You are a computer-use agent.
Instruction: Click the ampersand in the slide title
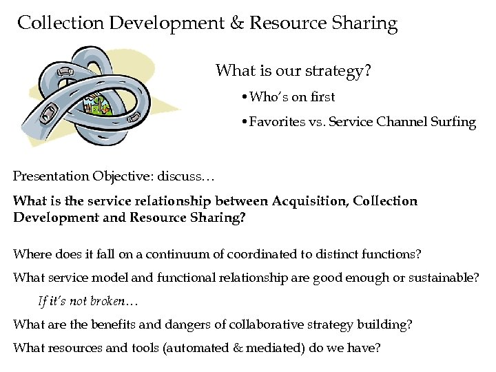pos(236,23)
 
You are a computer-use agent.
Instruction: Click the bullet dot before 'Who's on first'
pos(245,98)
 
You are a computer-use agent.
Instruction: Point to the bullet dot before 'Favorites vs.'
pos(245,123)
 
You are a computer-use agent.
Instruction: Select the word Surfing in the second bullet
pos(453,123)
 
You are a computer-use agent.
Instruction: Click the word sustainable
pos(444,278)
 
